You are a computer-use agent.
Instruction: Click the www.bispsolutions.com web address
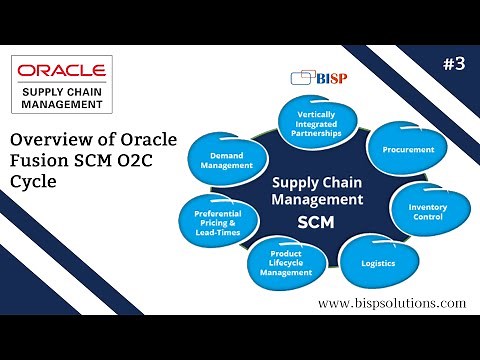pos(391,301)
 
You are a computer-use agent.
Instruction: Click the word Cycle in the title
pos(30,185)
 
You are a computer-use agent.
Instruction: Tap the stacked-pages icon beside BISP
pos(298,78)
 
